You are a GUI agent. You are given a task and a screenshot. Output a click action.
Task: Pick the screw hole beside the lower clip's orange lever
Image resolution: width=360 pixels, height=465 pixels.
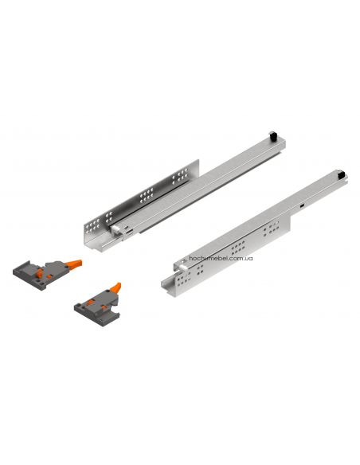(x=104, y=301)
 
